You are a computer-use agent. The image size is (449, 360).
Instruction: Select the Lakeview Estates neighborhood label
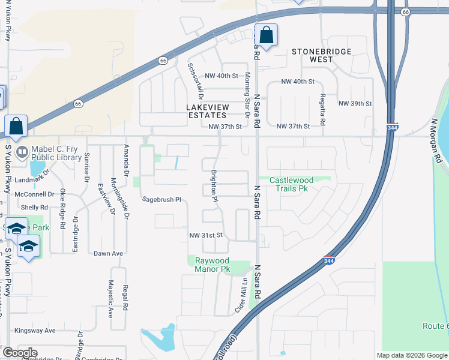pyautogui.click(x=198, y=110)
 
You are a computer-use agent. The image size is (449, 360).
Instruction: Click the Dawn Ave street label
pyautogui.click(x=108, y=253)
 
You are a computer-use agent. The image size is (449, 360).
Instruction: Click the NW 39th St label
pyautogui.click(x=355, y=104)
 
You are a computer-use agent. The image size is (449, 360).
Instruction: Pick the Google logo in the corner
pyautogui.click(x=19, y=353)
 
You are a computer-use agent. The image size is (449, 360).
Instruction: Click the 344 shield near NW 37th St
pyautogui.click(x=392, y=127)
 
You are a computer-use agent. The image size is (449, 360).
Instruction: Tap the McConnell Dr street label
pyautogui.click(x=35, y=194)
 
